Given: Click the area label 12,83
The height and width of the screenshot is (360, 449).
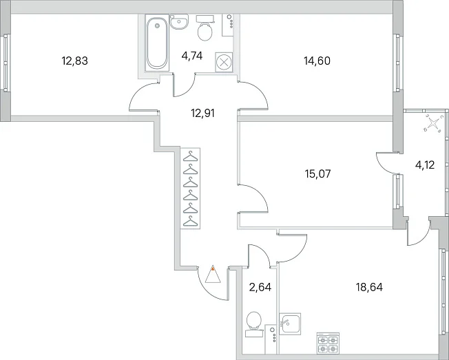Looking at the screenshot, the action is click(x=75, y=61).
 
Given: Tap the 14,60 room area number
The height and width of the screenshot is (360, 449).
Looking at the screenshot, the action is click(x=317, y=61).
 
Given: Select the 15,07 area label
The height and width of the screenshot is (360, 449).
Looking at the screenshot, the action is click(x=318, y=173).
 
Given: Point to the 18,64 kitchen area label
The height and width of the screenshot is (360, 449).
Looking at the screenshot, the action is click(x=369, y=287).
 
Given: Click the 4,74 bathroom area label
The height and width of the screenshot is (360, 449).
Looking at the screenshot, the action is click(x=192, y=56).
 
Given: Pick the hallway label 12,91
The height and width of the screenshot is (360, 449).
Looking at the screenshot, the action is click(x=202, y=114).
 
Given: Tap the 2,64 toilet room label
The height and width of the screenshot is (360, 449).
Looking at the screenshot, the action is click(x=260, y=287).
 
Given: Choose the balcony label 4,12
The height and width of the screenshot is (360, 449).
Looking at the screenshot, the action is click(x=425, y=165).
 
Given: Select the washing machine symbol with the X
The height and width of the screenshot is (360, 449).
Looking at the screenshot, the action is click(x=224, y=62).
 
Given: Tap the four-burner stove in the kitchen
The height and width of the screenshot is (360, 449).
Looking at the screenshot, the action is click(x=328, y=343).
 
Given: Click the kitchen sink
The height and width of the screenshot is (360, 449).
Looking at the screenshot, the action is click(x=290, y=324).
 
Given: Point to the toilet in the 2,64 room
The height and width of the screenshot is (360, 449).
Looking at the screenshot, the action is click(x=254, y=324).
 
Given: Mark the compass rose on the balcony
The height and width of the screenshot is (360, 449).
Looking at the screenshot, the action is click(x=433, y=124).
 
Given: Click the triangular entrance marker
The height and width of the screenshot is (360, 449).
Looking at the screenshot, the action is click(x=213, y=274).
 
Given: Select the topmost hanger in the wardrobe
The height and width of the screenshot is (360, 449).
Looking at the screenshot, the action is click(x=191, y=156).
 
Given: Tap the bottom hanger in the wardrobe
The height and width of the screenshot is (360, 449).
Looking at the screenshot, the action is click(x=191, y=222).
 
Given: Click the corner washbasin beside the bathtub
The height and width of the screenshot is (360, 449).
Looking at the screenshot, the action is click(x=179, y=21).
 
